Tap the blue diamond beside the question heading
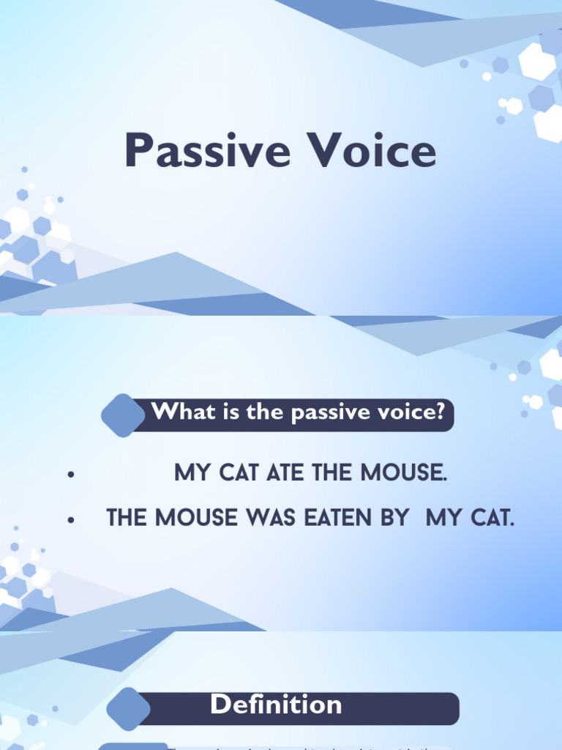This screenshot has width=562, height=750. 123,415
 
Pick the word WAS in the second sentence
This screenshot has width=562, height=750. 275,519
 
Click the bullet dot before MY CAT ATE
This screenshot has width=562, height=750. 71,475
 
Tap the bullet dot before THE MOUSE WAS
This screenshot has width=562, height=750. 71,520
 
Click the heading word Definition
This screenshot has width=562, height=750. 276,705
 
